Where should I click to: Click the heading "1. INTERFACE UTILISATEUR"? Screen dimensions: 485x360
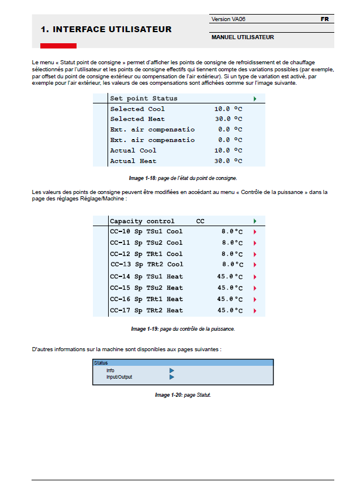106,29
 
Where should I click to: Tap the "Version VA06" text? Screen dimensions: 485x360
229,19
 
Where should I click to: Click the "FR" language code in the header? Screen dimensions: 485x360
324,19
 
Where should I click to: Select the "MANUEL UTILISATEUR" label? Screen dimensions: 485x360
243,37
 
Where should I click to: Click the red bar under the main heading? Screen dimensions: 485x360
58,46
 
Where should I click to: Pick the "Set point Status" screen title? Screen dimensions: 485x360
144,98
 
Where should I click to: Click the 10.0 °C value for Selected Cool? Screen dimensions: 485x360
228,109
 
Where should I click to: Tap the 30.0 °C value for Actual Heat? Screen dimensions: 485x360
228,161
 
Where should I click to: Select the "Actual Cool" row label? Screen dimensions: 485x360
133,150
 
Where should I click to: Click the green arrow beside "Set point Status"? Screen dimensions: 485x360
255,98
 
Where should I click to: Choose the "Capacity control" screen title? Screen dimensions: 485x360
142,221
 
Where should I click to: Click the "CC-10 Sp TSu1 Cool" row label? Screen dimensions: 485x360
146,231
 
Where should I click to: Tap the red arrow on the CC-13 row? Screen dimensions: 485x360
255,265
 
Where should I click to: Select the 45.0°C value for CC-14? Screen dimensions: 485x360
230,276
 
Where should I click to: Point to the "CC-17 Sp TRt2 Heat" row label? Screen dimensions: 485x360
146,310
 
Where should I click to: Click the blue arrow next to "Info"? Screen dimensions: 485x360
172,370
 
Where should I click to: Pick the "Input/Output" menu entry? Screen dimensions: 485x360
119,377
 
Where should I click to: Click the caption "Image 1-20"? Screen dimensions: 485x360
182,395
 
